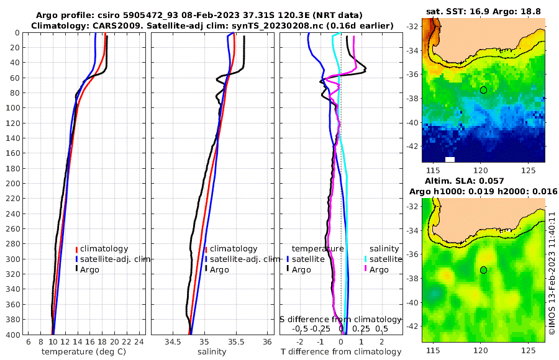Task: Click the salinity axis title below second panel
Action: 212,352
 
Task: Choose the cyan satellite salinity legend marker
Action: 366,259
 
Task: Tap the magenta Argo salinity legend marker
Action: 366,269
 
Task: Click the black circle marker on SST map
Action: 483,90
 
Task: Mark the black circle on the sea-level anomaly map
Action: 483,270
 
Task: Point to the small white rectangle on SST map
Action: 450,160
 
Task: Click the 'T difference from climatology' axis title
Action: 341,352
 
